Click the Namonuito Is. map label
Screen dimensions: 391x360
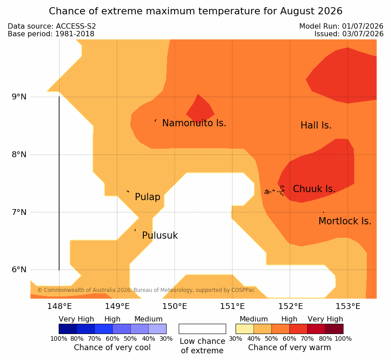[194, 123]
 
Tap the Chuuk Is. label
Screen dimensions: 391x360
[314, 189]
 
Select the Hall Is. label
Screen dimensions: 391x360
[316, 125]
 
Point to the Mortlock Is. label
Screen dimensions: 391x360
[345, 221]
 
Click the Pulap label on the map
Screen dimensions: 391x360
[148, 197]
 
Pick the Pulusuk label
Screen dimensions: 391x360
[160, 236]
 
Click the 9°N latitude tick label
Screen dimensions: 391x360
[19, 97]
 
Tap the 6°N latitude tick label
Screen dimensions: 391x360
[19, 270]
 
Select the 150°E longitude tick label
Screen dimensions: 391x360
[175, 306]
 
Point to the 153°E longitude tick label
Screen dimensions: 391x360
[348, 306]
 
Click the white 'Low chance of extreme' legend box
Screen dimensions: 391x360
[202, 329]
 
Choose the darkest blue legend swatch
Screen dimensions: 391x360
[68, 329]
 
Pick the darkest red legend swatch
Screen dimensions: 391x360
[334, 329]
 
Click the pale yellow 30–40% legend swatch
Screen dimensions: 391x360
[245, 329]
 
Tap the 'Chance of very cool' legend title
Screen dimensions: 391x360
[112, 347]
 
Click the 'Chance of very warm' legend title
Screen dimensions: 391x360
[289, 347]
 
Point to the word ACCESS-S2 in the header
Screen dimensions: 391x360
[76, 26]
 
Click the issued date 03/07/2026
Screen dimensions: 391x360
[363, 34]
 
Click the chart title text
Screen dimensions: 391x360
[195, 11]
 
